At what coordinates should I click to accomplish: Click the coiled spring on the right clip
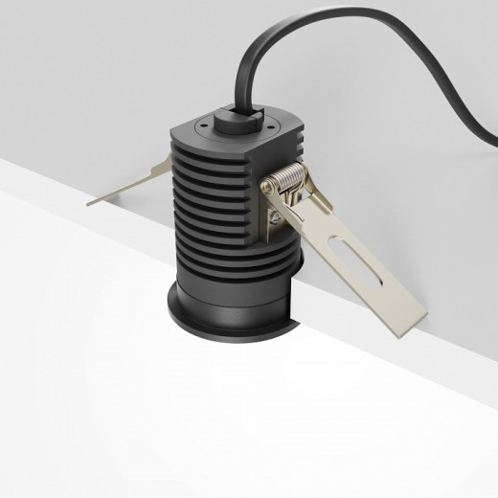point(286,179)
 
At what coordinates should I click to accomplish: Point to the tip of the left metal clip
point(91,202)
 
